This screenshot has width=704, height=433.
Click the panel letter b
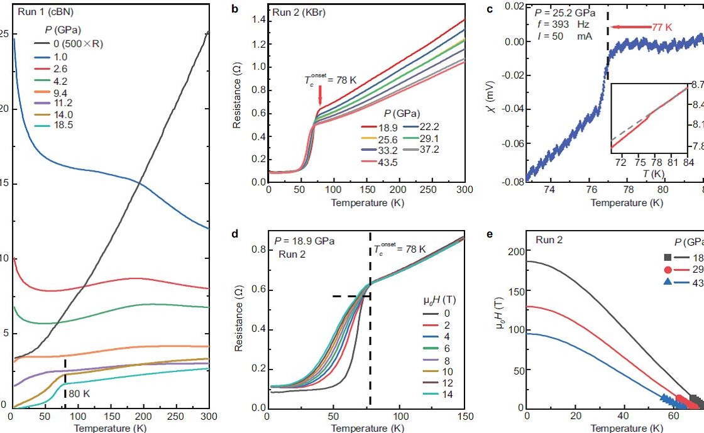[235, 10]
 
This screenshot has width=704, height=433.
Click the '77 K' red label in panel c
[661, 27]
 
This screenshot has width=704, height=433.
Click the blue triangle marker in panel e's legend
[667, 282]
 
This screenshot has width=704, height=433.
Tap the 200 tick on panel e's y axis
[515, 252]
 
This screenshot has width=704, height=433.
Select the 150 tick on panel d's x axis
[463, 418]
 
